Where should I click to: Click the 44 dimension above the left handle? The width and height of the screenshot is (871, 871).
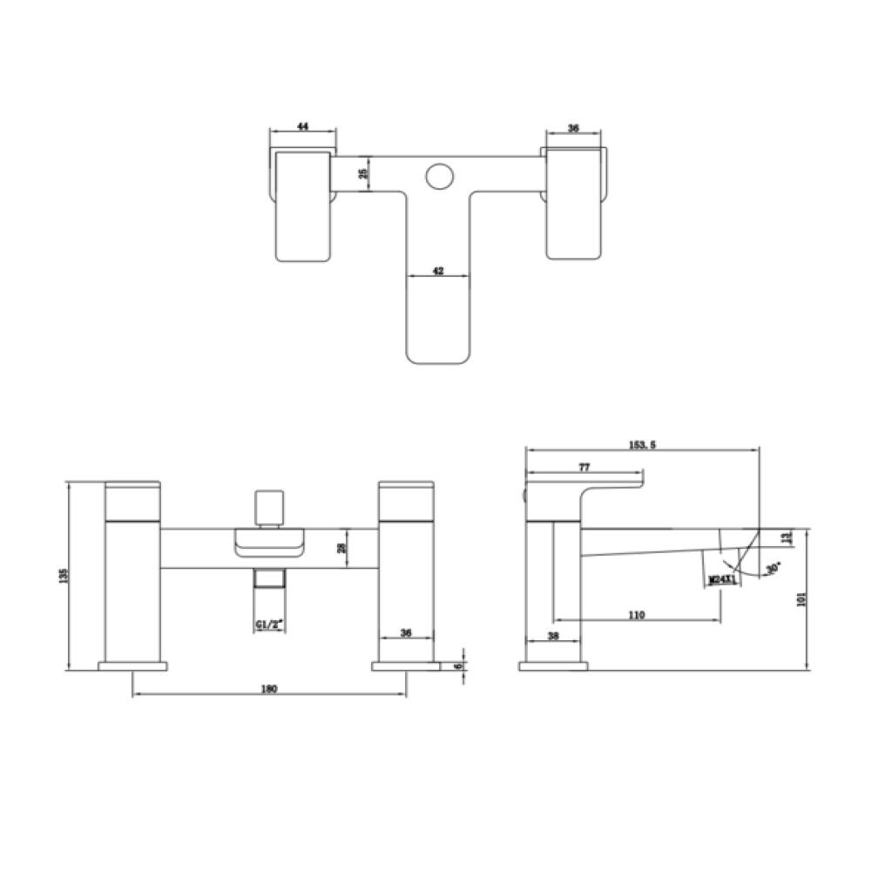tap(302, 127)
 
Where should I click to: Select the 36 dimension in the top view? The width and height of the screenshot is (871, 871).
tap(573, 127)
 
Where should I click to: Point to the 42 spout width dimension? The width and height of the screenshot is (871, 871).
tap(439, 271)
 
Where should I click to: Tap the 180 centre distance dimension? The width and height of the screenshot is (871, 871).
tap(268, 690)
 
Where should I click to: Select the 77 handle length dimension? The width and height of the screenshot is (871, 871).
tap(584, 467)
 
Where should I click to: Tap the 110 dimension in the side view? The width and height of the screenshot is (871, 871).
tap(636, 615)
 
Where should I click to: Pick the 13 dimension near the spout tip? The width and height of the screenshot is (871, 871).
tap(789, 537)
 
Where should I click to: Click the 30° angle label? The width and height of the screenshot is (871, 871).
tap(770, 569)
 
